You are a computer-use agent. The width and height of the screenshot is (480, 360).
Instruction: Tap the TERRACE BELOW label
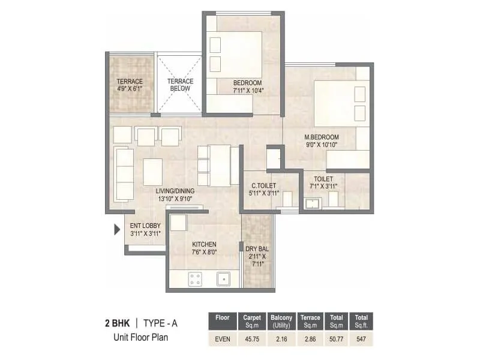[x=180, y=85]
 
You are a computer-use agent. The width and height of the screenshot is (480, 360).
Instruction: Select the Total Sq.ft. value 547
[x=361, y=339]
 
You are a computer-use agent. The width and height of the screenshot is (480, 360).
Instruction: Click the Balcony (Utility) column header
[x=281, y=321]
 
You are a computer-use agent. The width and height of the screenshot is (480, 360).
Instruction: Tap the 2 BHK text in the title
[x=118, y=324]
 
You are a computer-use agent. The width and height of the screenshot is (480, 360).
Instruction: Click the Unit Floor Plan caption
[x=141, y=337]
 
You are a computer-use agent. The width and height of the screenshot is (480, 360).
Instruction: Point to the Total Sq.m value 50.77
[x=335, y=339]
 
